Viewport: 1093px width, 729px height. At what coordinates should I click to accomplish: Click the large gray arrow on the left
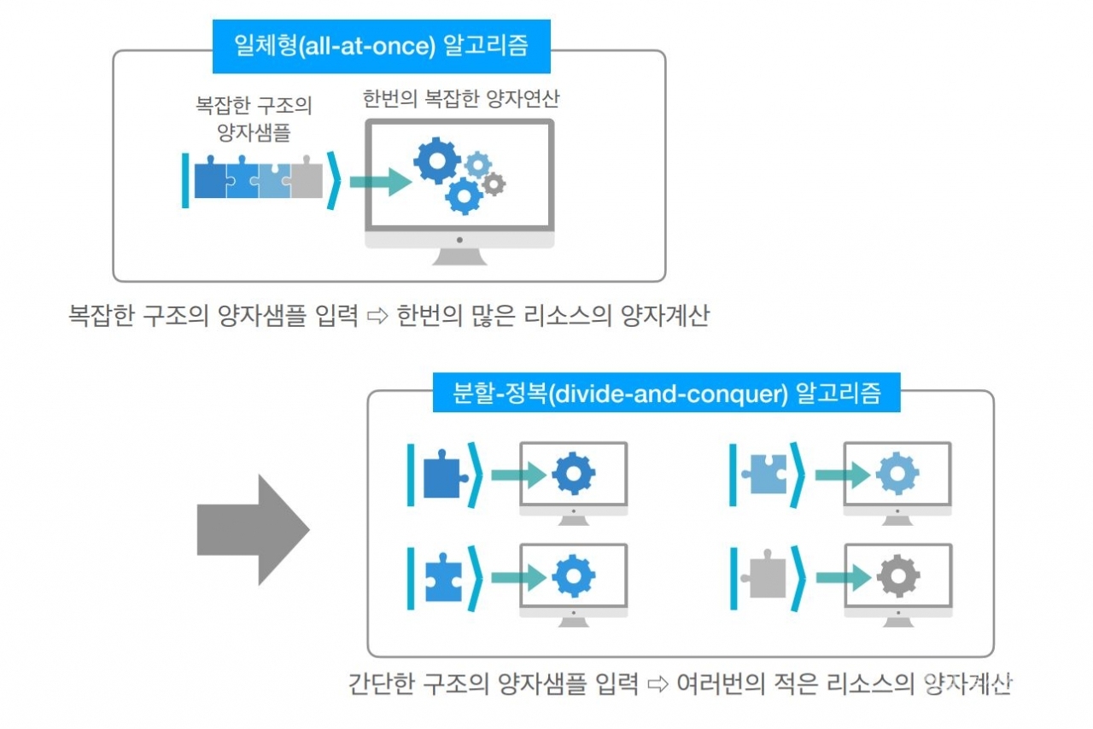click(253, 529)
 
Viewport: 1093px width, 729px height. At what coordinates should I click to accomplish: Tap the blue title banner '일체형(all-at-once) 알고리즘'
click(381, 45)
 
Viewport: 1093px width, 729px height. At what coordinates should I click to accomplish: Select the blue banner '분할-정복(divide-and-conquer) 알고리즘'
click(666, 394)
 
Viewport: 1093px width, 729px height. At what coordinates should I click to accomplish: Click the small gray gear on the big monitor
click(493, 183)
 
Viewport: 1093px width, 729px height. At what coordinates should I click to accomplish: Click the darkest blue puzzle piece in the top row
click(212, 179)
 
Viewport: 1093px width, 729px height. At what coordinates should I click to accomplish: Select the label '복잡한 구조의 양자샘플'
click(254, 119)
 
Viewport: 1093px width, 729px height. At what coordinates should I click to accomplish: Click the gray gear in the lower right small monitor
click(897, 577)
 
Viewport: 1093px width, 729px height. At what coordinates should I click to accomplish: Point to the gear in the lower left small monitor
click(573, 577)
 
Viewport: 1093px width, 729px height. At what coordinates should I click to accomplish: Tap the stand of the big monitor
click(459, 254)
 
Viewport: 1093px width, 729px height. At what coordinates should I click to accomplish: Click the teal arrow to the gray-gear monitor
click(842, 577)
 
